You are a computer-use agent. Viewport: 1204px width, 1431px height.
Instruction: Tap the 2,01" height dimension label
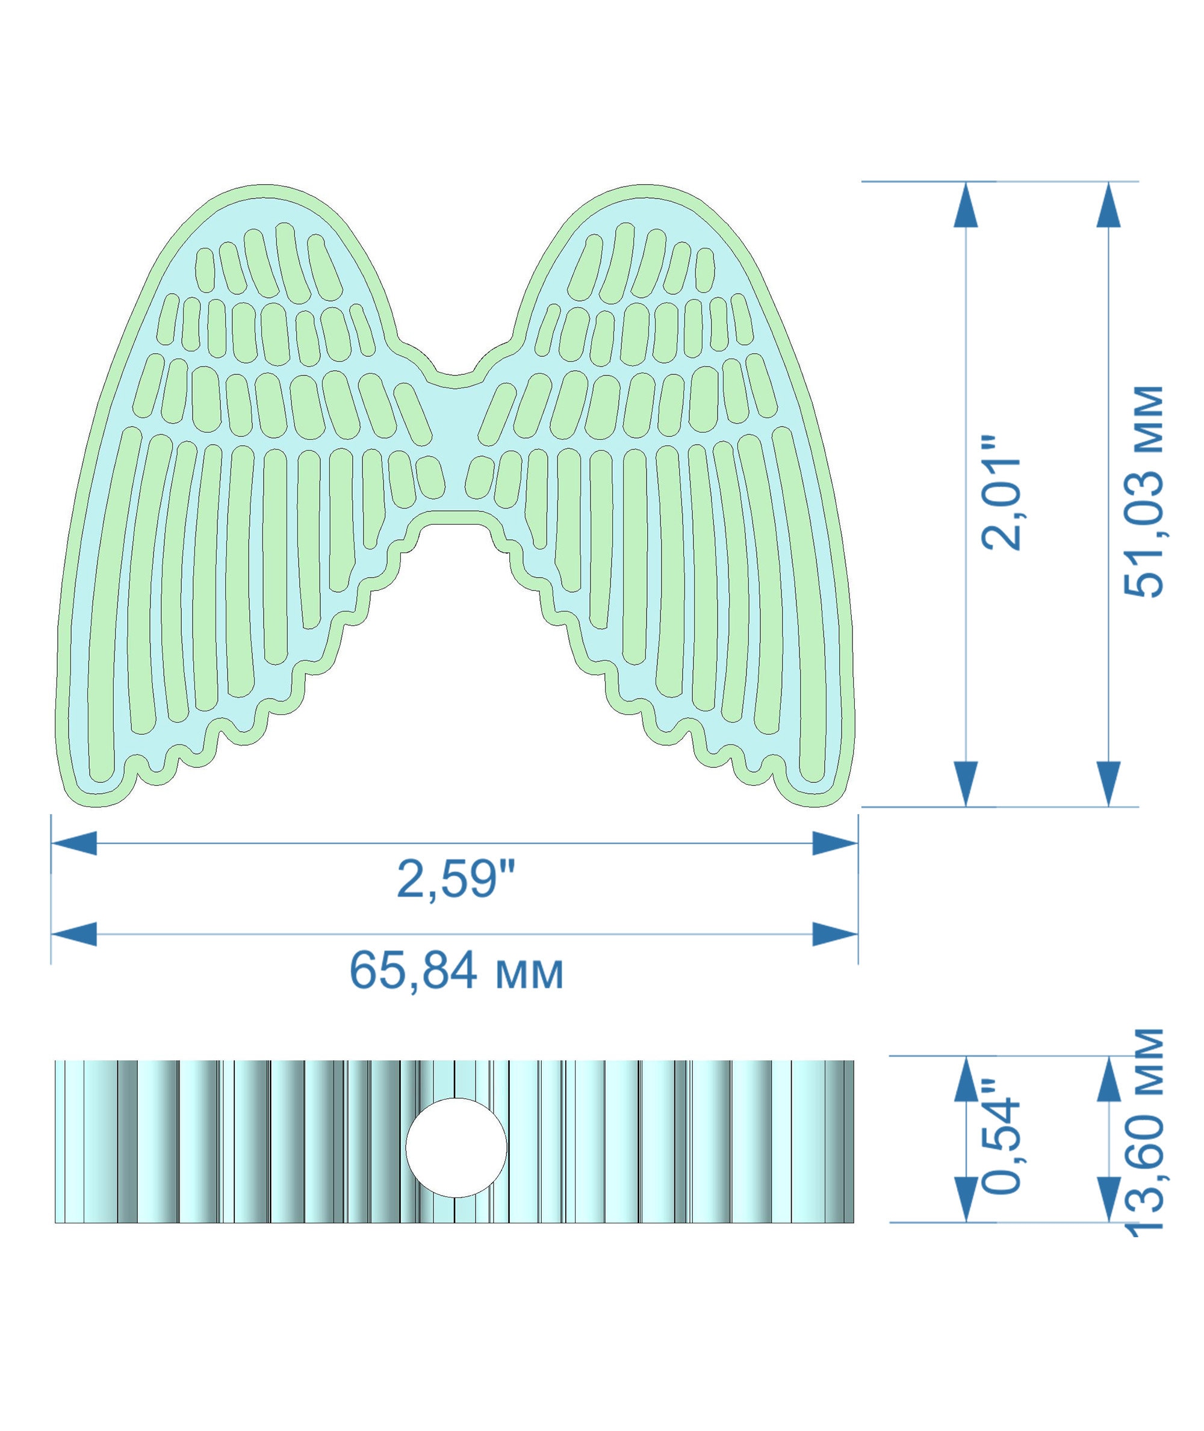1001,493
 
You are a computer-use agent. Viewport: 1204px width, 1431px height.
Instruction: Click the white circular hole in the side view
456,1147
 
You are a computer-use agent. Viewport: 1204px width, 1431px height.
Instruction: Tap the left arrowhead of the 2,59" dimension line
73,844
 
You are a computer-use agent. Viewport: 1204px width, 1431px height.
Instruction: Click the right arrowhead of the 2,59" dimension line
835,844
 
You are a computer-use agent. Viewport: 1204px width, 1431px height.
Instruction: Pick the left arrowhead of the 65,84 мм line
73,933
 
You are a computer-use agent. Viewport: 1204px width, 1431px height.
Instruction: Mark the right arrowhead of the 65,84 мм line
835,933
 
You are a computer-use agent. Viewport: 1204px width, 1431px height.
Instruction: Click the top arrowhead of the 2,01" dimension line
966,205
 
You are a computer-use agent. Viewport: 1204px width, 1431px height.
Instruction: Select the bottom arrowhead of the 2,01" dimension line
966,783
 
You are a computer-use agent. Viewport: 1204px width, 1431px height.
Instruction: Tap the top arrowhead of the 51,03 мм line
1108,205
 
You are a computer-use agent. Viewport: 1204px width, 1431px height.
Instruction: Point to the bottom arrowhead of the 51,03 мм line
1108,783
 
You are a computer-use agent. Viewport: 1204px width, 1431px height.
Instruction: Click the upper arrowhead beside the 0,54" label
966,1080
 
